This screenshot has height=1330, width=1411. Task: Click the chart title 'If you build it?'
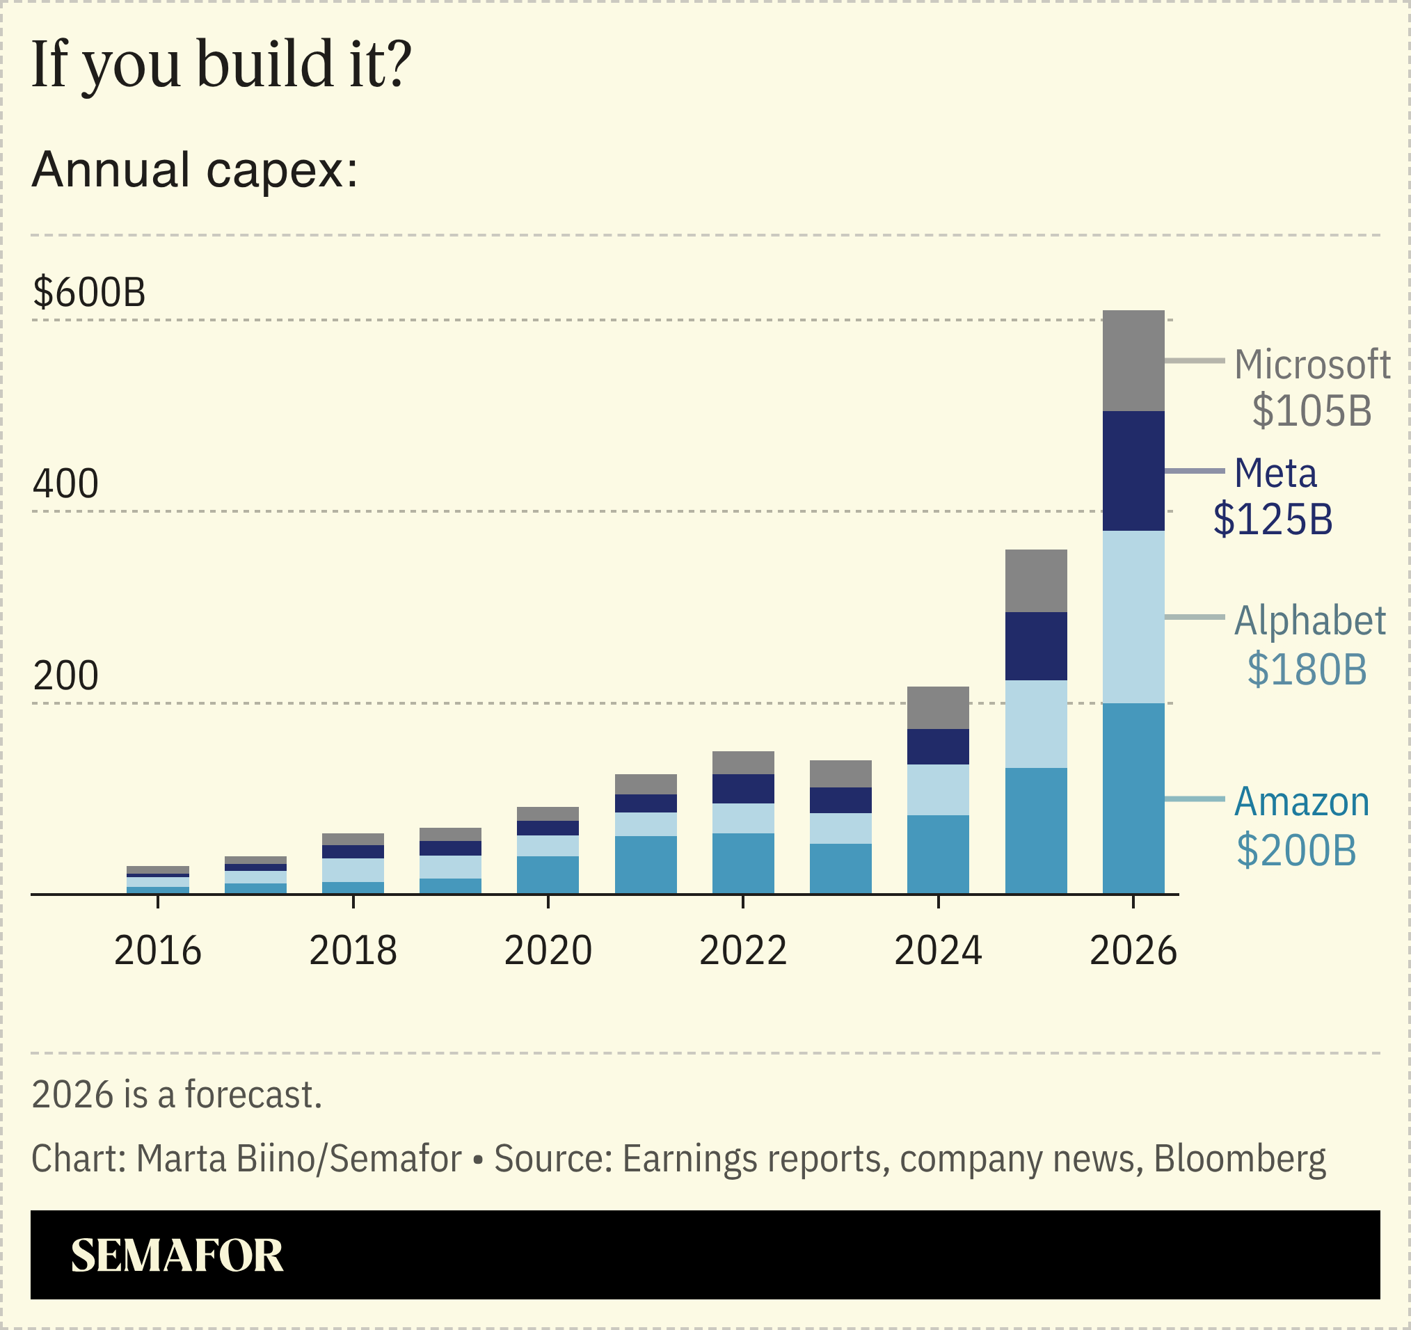click(x=221, y=65)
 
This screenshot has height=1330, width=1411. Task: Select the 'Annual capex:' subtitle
click(x=195, y=170)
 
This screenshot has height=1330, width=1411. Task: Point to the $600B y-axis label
click(x=89, y=291)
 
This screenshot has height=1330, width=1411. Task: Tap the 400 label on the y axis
click(x=65, y=484)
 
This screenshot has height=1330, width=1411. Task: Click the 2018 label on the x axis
click(x=353, y=950)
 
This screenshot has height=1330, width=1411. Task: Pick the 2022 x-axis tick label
click(x=742, y=950)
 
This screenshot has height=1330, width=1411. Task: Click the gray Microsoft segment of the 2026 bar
click(x=1133, y=360)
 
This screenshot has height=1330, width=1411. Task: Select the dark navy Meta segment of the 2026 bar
click(x=1133, y=470)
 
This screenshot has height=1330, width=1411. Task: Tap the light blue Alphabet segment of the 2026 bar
click(x=1133, y=617)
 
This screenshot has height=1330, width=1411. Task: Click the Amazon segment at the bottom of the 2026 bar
click(x=1133, y=799)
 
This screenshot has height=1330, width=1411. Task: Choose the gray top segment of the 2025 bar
click(x=1035, y=581)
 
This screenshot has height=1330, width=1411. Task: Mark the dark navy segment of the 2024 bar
click(x=938, y=746)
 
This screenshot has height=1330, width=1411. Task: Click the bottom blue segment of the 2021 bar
click(x=645, y=865)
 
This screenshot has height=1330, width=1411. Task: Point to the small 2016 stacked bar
click(x=157, y=880)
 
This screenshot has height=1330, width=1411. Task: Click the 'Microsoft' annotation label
click(x=1312, y=364)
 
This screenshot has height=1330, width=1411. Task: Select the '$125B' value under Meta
click(x=1273, y=519)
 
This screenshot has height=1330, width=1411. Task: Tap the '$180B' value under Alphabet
click(x=1306, y=668)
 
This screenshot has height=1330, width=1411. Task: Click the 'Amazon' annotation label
click(x=1301, y=802)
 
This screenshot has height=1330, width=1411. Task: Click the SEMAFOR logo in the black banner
click(x=177, y=1256)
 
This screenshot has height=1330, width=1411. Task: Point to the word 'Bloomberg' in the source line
click(x=1239, y=1160)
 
